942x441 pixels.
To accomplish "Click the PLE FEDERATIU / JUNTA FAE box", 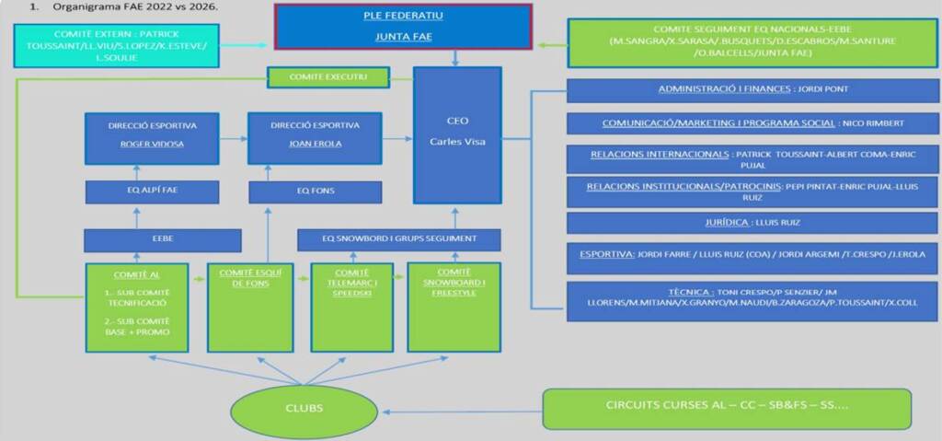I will [x=402, y=28].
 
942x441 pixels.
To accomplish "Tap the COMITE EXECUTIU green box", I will [x=327, y=77].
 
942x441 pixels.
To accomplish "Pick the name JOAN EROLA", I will [x=315, y=145].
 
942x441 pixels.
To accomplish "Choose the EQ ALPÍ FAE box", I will [x=152, y=191].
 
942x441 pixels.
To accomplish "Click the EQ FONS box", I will [x=315, y=191].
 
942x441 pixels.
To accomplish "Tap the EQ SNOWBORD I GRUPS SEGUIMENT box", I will [x=398, y=239].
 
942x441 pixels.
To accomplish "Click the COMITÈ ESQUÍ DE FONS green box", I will [x=250, y=307].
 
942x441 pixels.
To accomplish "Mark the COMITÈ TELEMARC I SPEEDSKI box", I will [x=352, y=307].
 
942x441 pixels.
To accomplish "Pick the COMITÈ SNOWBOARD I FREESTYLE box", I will [x=454, y=307].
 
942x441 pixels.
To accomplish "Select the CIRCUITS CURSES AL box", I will [x=727, y=407].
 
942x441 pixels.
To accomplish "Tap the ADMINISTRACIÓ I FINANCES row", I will [x=752, y=90].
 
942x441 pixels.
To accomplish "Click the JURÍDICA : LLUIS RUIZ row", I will [x=752, y=223].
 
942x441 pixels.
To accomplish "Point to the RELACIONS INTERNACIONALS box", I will [x=752, y=158].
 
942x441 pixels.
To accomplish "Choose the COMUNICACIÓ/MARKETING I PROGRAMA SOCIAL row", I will [x=752, y=123].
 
